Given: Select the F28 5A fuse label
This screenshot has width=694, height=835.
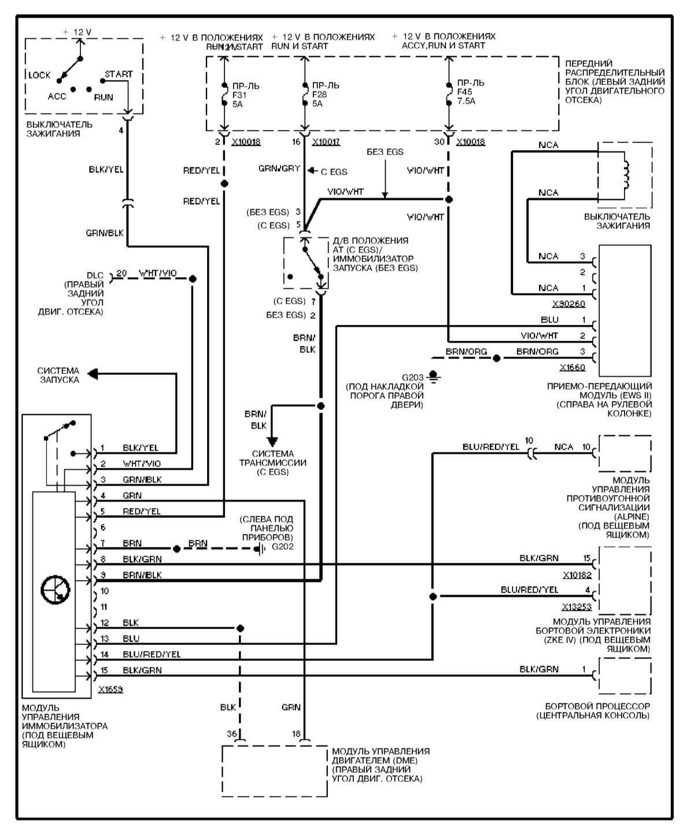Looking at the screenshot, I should click(x=322, y=95).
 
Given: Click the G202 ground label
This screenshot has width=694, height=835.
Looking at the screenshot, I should click(x=283, y=546).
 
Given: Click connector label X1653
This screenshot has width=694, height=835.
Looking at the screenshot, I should click(x=110, y=689).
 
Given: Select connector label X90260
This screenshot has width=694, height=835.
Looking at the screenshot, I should click(x=569, y=303).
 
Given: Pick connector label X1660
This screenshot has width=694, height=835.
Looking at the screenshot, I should click(x=572, y=367).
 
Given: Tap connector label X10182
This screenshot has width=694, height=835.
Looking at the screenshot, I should click(x=577, y=576).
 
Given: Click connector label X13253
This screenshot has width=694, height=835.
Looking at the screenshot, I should click(x=576, y=607).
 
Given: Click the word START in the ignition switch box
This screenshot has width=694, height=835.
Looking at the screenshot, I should click(x=119, y=75).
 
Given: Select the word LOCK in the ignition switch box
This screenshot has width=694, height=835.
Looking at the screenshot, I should click(x=39, y=75).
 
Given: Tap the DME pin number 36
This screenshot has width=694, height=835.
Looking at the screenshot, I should click(x=232, y=733).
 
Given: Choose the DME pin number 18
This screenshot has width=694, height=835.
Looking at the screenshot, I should click(x=296, y=733).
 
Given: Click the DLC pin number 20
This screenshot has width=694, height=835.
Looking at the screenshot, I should click(x=121, y=274).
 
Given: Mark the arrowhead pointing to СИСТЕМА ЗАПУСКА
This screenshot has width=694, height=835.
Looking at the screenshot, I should click(x=93, y=374).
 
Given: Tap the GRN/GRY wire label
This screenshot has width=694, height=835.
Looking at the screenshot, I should click(x=279, y=169).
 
